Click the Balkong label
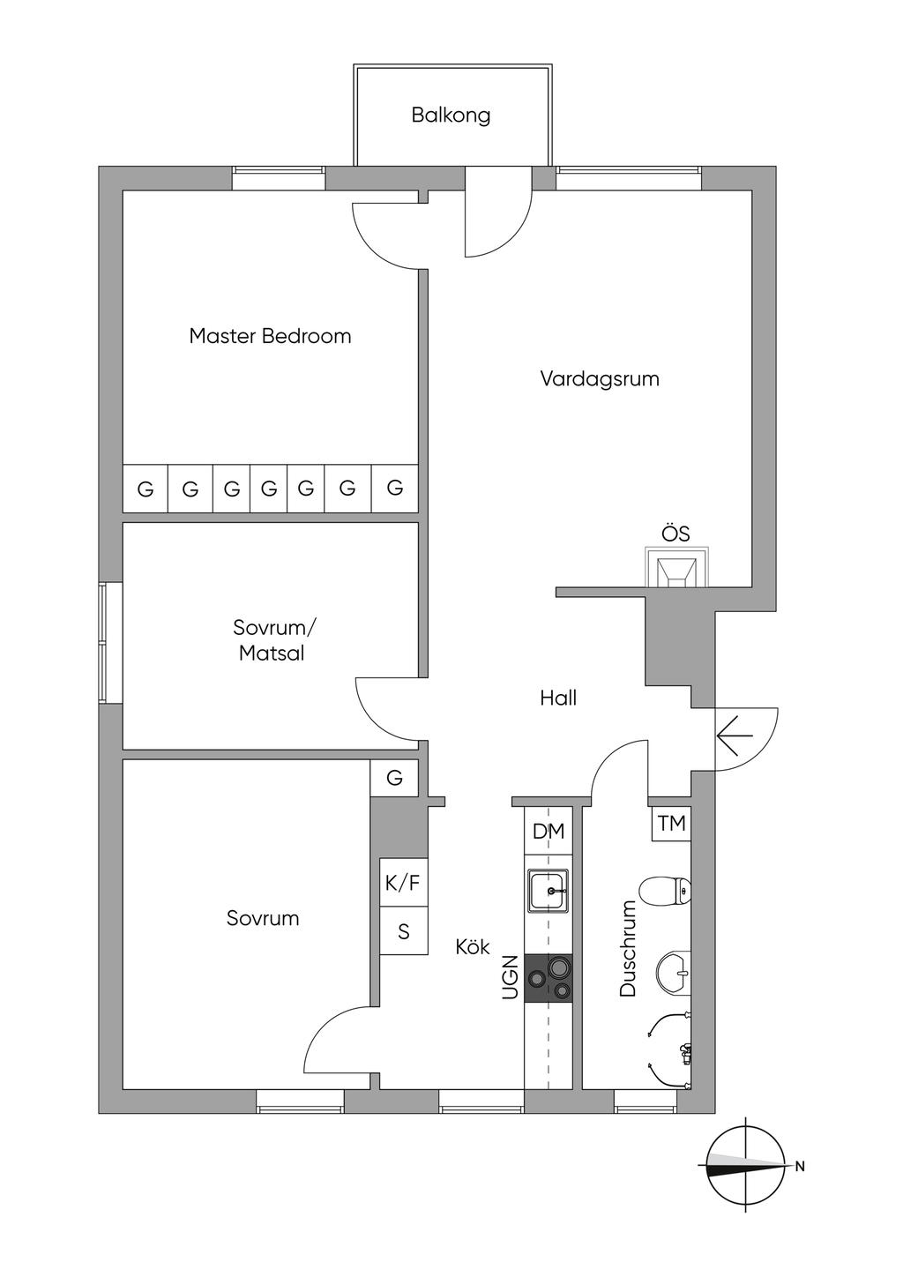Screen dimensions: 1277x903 [451, 116]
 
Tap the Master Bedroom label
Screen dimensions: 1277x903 [270, 336]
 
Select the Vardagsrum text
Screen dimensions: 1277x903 [600, 379]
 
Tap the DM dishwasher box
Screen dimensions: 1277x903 [549, 831]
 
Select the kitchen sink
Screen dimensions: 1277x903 [549, 891]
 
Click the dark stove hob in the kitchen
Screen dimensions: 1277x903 [549, 978]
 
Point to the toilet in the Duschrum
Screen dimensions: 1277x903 [665, 891]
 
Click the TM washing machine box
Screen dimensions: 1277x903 [671, 824]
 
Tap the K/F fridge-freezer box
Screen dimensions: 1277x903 [403, 883]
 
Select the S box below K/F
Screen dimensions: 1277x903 [404, 931]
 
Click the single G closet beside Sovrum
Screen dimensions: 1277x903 [394, 778]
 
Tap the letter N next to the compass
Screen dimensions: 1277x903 [800, 1167]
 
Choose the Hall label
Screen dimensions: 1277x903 [558, 698]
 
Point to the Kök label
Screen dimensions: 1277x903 [473, 947]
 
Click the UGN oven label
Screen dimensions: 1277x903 [510, 978]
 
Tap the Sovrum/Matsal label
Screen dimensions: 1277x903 [273, 640]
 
